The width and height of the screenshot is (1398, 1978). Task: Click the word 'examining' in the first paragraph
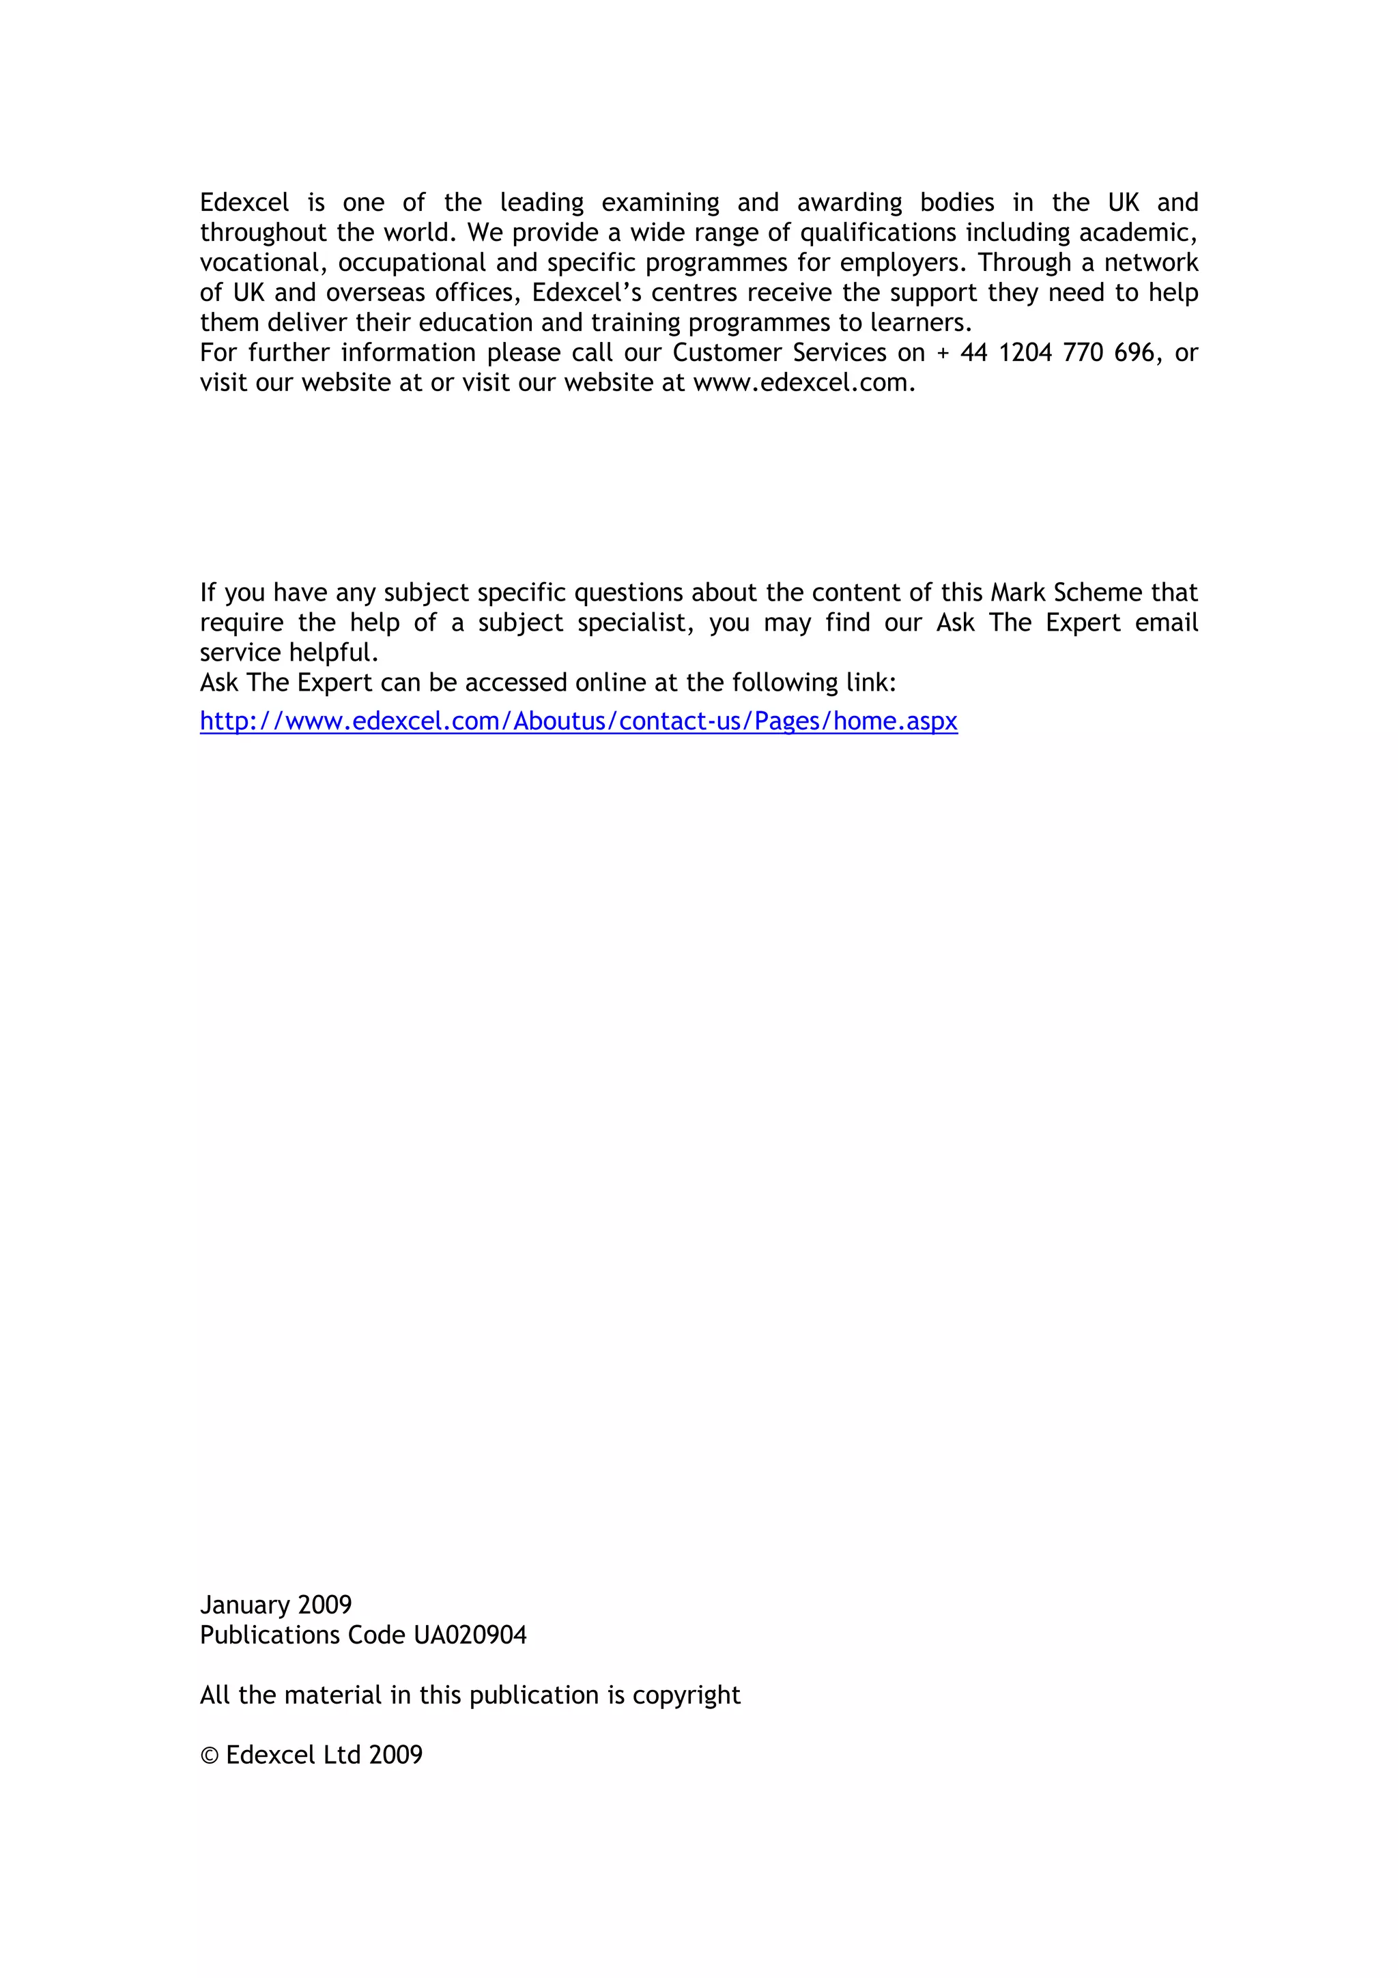660,203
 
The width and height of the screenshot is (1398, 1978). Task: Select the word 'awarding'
849,203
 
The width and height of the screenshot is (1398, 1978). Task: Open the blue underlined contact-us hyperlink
578,721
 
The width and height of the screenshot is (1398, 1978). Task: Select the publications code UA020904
470,1635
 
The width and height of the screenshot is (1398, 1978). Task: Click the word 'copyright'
685,1695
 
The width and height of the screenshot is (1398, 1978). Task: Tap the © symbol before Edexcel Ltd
210,1755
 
